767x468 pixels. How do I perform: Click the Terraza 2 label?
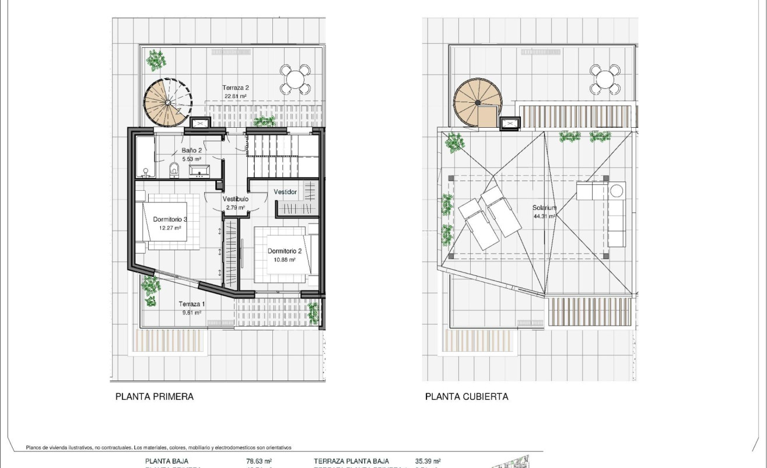pyautogui.click(x=236, y=88)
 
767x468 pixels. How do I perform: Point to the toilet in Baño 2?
pyautogui.click(x=173, y=170)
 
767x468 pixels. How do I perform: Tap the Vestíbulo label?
pyautogui.click(x=236, y=199)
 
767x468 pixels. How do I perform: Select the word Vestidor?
pyautogui.click(x=285, y=192)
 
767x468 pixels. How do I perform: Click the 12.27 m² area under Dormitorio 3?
pyautogui.click(x=170, y=228)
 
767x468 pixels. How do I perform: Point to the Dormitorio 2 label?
pyautogui.click(x=285, y=252)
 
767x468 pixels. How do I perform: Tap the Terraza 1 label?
pyautogui.click(x=192, y=304)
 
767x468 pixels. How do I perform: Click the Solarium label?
pyautogui.click(x=544, y=208)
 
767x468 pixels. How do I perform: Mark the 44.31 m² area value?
pyautogui.click(x=544, y=216)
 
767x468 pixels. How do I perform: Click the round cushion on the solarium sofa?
pyautogui.click(x=617, y=190)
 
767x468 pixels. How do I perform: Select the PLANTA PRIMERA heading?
pyautogui.click(x=155, y=397)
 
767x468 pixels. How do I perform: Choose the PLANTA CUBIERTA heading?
pyautogui.click(x=467, y=397)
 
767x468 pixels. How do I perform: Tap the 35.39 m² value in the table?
pyautogui.click(x=428, y=461)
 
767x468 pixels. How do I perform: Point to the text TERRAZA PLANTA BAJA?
pyautogui.click(x=351, y=461)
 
